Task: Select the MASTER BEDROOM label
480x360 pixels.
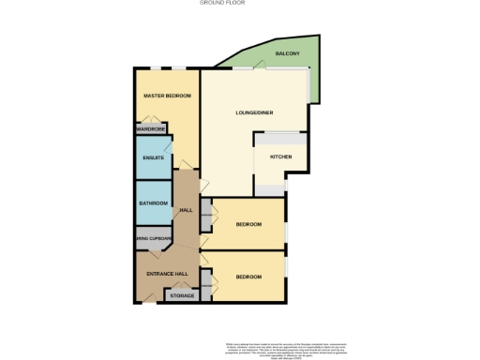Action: click(167, 97)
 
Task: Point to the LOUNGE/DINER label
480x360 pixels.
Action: click(252, 113)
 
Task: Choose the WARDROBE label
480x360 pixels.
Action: click(151, 129)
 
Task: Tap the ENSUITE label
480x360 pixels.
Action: click(153, 157)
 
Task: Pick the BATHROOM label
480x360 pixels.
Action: click(153, 203)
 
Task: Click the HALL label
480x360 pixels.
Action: click(186, 209)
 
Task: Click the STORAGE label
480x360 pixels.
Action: click(182, 296)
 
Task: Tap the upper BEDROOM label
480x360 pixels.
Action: click(247, 224)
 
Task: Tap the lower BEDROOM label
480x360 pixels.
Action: click(247, 277)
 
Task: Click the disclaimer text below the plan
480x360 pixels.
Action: click(277, 346)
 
